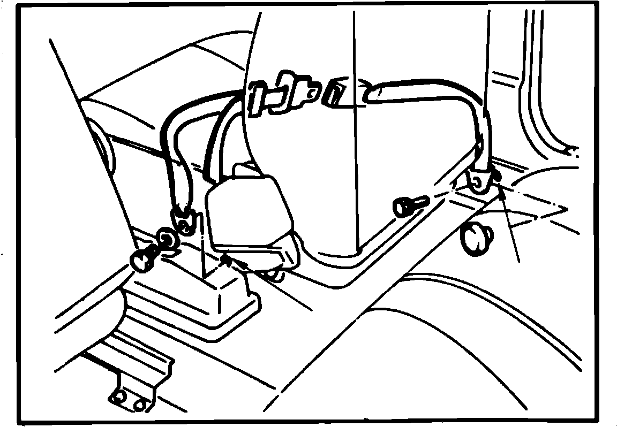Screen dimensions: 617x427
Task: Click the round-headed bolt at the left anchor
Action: coord(142,260)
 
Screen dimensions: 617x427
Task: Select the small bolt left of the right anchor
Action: coord(408,205)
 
